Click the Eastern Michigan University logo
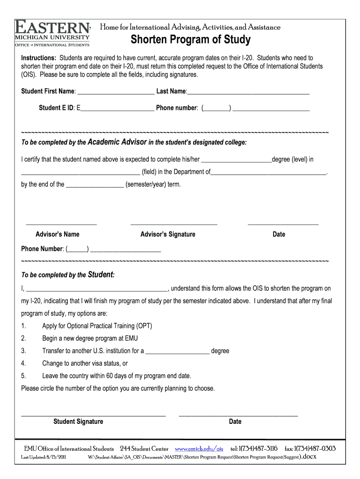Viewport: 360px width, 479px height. [x=52, y=33]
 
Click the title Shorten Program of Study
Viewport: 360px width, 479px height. [x=190, y=40]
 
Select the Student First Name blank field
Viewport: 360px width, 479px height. [x=116, y=91]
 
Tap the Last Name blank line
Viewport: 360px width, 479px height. [x=248, y=91]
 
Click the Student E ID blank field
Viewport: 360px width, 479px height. [x=117, y=109]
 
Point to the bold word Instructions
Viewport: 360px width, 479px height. [x=38, y=58]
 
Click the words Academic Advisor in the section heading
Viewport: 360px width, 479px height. [x=117, y=142]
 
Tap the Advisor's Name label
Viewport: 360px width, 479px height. [x=58, y=234]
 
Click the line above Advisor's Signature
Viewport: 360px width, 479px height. [x=173, y=224]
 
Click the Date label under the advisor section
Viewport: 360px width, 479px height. [x=279, y=234]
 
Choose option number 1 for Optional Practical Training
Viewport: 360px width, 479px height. [x=23, y=326]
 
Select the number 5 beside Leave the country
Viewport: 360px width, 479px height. [x=23, y=376]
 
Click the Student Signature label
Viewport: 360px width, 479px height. [x=78, y=422]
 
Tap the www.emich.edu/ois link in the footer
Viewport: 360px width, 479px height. [x=199, y=449]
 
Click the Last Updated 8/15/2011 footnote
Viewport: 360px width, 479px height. [x=44, y=457]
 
